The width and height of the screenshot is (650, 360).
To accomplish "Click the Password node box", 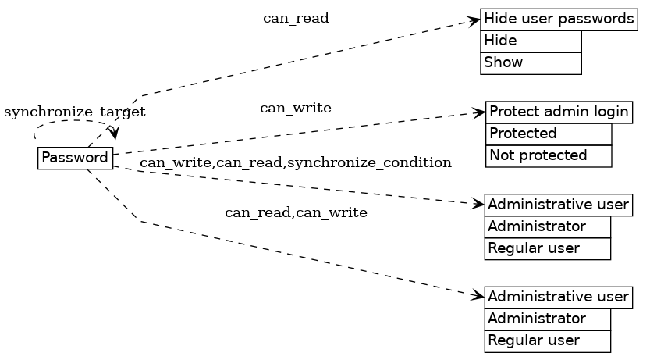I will click(x=76, y=158).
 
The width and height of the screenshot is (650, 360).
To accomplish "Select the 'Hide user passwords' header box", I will click(x=559, y=20).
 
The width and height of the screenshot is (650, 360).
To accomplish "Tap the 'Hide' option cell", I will click(x=531, y=41).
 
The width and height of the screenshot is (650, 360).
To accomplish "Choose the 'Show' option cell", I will click(x=531, y=62).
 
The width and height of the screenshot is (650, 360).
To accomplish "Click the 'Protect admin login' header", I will click(x=559, y=112).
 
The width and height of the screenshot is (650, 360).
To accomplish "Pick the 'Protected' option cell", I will click(x=549, y=134).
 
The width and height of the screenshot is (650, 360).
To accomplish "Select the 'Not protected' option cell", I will click(x=549, y=155).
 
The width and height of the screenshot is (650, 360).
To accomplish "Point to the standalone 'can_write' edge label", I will click(x=296, y=109).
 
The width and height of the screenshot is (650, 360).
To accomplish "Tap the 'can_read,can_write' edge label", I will click(x=296, y=212).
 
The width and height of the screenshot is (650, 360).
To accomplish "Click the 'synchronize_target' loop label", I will click(x=75, y=112).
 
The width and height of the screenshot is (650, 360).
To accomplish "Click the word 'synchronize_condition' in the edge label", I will click(x=370, y=162).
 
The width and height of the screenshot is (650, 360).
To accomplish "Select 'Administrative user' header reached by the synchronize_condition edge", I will click(x=558, y=205).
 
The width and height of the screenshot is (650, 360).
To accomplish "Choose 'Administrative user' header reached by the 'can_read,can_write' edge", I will click(x=558, y=297).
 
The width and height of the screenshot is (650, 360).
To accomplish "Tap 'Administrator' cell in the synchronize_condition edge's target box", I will click(x=548, y=227).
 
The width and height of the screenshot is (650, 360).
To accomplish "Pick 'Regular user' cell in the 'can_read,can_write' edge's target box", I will click(x=548, y=340).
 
